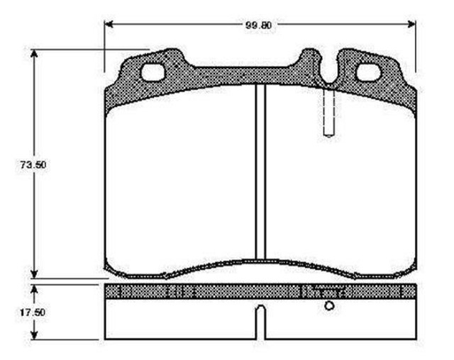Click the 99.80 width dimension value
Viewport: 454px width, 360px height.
258,25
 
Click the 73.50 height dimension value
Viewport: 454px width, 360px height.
33,165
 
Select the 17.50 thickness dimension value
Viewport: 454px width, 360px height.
33,313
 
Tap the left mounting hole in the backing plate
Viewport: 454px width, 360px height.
153,72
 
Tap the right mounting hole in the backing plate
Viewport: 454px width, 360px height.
368,72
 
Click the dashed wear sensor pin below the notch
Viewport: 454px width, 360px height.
329,112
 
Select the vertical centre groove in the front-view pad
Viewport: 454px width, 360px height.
260,171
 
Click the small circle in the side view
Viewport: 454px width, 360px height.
329,305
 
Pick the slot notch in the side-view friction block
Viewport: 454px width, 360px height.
261,322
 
